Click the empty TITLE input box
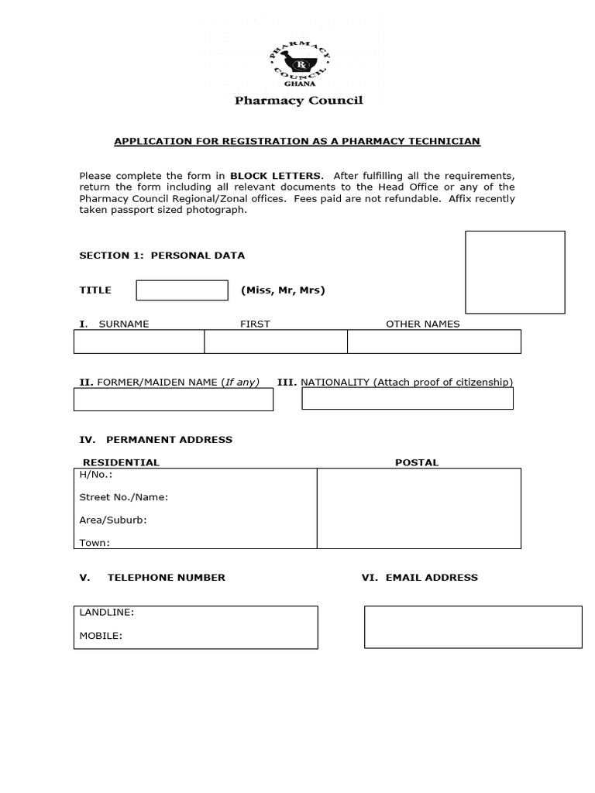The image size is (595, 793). [182, 290]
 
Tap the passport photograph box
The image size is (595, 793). [514, 272]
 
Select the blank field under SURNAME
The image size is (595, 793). [139, 342]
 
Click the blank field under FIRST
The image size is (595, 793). [276, 342]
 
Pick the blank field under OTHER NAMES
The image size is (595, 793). [434, 342]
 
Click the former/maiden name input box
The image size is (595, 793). [174, 400]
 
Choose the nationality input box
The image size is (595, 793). [408, 399]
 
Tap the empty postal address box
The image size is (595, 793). [418, 508]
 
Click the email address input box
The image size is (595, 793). [473, 627]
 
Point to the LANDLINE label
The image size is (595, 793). [107, 613]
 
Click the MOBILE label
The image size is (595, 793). [101, 636]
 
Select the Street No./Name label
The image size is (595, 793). [124, 497]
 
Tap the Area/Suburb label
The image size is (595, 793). [113, 520]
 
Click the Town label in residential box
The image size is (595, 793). [95, 543]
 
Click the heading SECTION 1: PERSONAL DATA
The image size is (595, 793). [162, 256]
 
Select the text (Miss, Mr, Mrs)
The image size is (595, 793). [283, 290]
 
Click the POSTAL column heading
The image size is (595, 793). [417, 462]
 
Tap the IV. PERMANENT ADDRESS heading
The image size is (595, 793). [156, 440]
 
